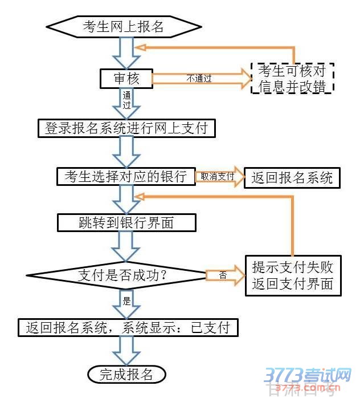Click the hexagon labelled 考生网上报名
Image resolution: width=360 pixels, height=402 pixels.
point(123,26)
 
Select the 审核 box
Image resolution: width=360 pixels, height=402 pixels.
point(126,78)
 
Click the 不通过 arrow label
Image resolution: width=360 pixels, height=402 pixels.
point(199,79)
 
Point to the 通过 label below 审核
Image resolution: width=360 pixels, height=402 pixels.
point(126,101)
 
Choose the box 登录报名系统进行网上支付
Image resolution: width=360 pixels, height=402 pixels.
point(126,128)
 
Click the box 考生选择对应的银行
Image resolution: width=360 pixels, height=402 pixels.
point(126,177)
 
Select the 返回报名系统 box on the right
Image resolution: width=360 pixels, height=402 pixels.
point(292,177)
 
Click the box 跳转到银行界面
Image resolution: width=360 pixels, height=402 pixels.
point(126,222)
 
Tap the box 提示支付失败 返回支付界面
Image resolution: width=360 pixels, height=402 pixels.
point(293,274)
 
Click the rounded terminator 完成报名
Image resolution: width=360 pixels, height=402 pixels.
point(126,374)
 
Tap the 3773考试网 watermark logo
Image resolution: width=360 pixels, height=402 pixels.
point(308,376)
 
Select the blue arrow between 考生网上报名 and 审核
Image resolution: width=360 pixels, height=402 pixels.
point(126,52)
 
